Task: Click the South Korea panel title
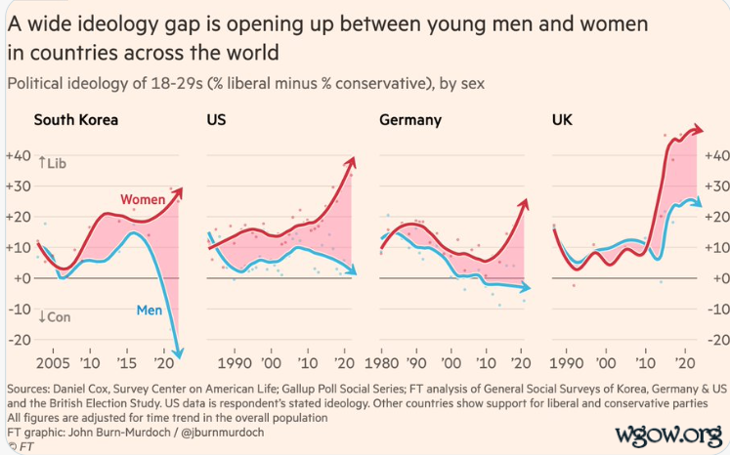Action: click(x=75, y=120)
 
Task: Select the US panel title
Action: click(x=216, y=120)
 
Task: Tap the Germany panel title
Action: click(x=409, y=120)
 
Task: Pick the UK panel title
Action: click(x=563, y=120)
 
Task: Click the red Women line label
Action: click(x=143, y=200)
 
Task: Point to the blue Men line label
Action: click(x=149, y=311)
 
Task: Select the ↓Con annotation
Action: click(x=56, y=317)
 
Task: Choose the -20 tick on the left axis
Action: click(x=18, y=340)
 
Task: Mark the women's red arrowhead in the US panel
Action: click(x=352, y=163)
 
